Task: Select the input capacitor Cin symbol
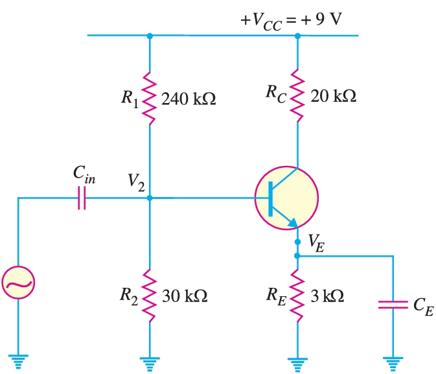pyautogui.click(x=81, y=198)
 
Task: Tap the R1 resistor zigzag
pyautogui.click(x=150, y=99)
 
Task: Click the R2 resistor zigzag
pyautogui.click(x=150, y=296)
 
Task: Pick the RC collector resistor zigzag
pyautogui.click(x=297, y=96)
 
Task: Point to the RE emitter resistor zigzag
pyautogui.click(x=297, y=296)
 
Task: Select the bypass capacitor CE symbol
pyautogui.click(x=393, y=305)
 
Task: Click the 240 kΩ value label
pyautogui.click(x=187, y=100)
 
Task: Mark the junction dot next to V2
pyautogui.click(x=150, y=198)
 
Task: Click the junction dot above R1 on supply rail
pyautogui.click(x=150, y=36)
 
